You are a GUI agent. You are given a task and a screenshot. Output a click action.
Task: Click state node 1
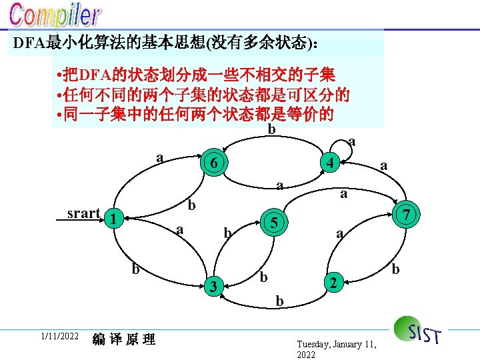pyautogui.click(x=115, y=218)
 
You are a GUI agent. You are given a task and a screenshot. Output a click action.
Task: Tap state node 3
pyautogui.click(x=212, y=287)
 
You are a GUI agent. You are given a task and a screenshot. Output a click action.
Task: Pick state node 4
pyautogui.click(x=329, y=161)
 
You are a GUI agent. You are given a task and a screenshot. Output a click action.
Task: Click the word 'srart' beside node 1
pyautogui.click(x=83, y=213)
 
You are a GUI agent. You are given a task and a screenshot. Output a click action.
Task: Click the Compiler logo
pyautogui.click(x=56, y=17)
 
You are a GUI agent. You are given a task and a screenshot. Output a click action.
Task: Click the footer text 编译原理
pyautogui.click(x=124, y=339)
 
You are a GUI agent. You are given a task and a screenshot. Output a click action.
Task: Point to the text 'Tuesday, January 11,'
pyautogui.click(x=337, y=344)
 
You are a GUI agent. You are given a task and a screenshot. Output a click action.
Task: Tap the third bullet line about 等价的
pyautogui.click(x=196, y=114)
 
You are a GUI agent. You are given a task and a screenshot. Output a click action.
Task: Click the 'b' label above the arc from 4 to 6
pyautogui.click(x=271, y=129)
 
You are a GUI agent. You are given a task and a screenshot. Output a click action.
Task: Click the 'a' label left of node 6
pyautogui.click(x=159, y=158)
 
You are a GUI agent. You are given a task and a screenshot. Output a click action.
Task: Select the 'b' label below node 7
pyautogui.click(x=395, y=269)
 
